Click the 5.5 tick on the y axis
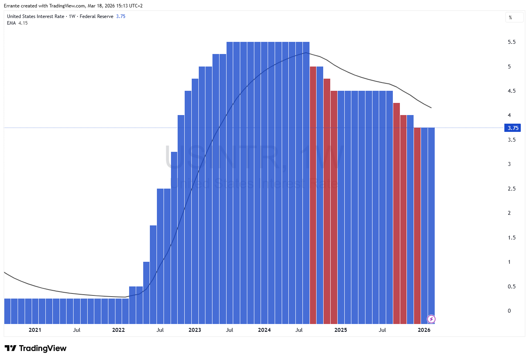tap(511, 42)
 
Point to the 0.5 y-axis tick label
tap(511, 287)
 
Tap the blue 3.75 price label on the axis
tap(513, 128)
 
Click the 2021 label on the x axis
tap(35, 330)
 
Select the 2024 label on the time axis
tap(264, 330)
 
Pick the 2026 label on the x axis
tap(424, 330)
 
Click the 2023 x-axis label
tap(194, 330)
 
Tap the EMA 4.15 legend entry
tap(17, 23)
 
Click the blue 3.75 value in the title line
tap(121, 16)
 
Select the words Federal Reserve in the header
tap(96, 16)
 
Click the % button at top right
tap(514, 18)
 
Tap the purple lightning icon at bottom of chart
tap(431, 319)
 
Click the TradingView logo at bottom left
tap(36, 348)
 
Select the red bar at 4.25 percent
tap(396, 213)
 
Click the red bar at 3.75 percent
tap(417, 225)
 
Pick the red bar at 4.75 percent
tap(327, 201)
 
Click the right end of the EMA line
tap(431, 108)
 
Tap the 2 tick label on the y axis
tap(509, 213)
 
